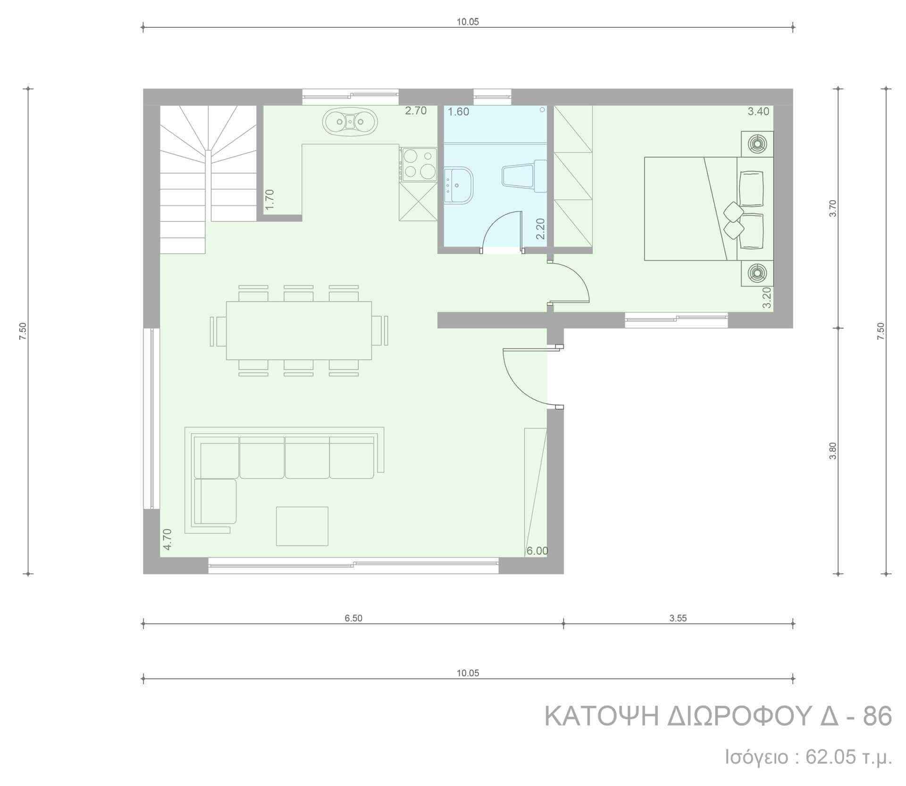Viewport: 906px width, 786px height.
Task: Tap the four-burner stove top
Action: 419,164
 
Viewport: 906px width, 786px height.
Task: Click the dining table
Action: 299,330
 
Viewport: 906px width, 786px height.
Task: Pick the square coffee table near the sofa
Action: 302,526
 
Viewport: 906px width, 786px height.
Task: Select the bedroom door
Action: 569,282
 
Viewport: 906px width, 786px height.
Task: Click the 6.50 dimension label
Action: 353,618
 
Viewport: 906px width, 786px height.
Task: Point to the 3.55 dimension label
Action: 678,618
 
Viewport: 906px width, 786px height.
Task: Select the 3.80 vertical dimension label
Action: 833,451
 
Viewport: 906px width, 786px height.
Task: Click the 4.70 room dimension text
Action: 167,539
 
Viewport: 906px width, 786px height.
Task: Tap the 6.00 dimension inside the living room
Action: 537,551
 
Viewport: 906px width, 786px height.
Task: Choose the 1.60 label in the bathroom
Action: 459,112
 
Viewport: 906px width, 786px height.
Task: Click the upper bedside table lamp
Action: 757,144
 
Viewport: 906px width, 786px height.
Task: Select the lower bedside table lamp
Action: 757,273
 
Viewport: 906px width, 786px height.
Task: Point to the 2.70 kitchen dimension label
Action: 416,111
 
